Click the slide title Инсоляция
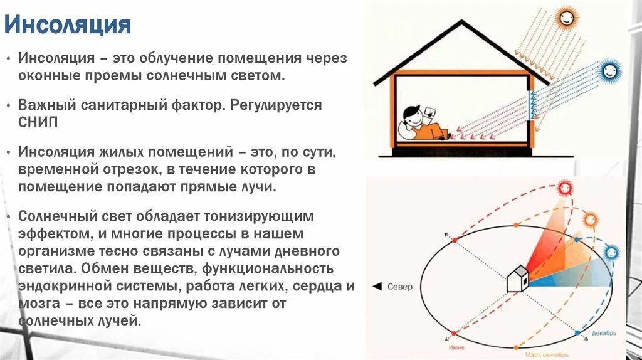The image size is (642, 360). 68,26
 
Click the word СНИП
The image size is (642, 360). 38,122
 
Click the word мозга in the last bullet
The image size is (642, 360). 36,304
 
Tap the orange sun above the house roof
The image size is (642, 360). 566,17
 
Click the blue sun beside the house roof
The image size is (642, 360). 609,70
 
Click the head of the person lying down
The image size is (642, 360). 411,115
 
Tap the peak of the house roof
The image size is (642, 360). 462,23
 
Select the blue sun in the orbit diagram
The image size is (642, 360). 611,252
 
